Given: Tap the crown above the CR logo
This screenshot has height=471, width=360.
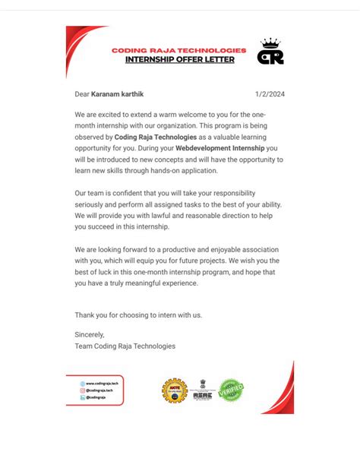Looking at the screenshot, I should click(270, 43).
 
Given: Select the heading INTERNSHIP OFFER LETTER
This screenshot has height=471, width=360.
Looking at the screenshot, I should click(180, 58).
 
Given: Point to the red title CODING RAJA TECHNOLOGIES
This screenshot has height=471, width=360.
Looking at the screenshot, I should click(179, 49).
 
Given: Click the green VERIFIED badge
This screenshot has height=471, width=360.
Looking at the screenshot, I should click(232, 390).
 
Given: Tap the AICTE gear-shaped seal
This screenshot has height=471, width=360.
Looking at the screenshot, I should click(174, 390).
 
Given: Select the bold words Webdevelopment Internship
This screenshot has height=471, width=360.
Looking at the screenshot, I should click(220, 147).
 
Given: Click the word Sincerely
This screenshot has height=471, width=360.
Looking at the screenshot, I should click(90, 334).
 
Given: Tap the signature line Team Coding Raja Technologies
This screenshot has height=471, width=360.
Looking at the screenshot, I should click(125, 346).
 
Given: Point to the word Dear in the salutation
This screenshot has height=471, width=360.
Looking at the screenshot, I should click(82, 94).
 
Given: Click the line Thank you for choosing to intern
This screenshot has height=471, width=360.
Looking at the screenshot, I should click(138, 315).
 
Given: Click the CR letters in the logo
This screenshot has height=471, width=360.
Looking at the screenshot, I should click(270, 57).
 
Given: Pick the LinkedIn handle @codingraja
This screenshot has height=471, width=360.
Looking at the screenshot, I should click(96, 397).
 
